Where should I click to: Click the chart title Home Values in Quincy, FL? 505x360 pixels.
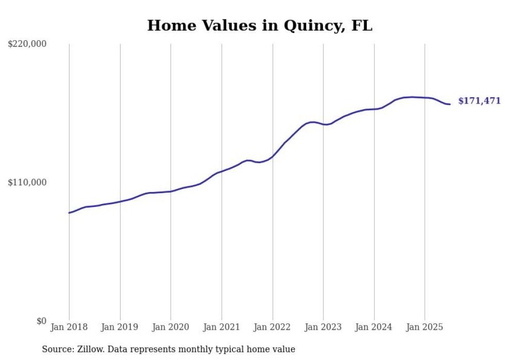coord(260,26)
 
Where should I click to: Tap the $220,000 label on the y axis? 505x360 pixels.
coord(27,44)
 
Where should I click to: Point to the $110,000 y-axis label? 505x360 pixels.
coord(27,183)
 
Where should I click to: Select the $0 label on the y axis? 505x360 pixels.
coord(41,321)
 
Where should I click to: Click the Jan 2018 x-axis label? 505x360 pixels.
coord(69,328)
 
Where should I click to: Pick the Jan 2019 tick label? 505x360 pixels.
coord(120,328)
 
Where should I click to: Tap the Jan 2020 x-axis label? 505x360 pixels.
coord(171,328)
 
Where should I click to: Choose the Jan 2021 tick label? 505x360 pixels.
coord(222,328)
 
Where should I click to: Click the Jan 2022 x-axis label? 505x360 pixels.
coord(273,328)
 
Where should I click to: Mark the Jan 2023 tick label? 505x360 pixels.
coord(323,328)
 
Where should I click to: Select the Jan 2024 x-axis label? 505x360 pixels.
coord(374,328)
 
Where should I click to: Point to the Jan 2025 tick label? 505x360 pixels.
coord(425,328)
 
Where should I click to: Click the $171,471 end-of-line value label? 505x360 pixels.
coord(479,101)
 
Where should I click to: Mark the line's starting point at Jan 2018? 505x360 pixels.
coord(69,213)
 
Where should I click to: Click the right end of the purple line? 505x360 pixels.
coord(450,105)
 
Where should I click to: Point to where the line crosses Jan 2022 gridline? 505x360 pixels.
coord(273,156)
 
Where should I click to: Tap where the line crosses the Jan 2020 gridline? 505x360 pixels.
coord(171,192)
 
